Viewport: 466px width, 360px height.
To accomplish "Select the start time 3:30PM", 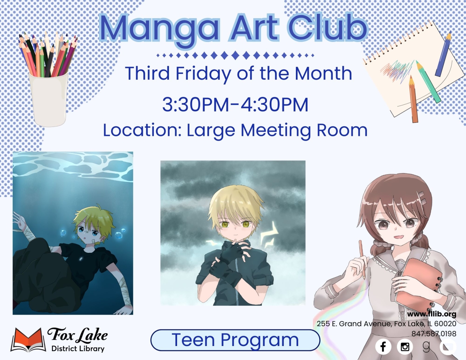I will (x=194, y=105).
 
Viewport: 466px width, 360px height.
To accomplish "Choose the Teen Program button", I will (x=235, y=340).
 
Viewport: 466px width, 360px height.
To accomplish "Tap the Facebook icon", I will (x=383, y=346).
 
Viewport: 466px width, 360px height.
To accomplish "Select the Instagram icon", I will (x=405, y=346).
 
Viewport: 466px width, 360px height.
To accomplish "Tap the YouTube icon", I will (x=448, y=346).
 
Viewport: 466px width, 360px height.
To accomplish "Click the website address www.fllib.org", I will (x=431, y=314).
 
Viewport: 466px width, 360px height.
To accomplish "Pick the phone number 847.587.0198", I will (x=434, y=333).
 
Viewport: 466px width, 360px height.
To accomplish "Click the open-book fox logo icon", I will (x=28, y=340).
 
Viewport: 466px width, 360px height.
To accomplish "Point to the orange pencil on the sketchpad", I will (x=413, y=99).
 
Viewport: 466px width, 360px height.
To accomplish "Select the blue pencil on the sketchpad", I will (x=443, y=54).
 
